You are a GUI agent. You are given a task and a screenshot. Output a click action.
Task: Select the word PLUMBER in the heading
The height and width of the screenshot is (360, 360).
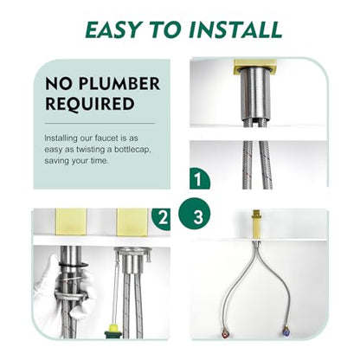click(x=119, y=84)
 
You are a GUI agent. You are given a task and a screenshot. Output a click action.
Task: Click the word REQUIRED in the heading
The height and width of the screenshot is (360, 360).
click(x=90, y=104)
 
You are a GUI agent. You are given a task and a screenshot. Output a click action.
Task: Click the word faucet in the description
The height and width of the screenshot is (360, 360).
click(x=106, y=138)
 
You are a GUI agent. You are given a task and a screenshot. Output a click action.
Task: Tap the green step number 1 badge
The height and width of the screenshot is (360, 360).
click(x=198, y=179)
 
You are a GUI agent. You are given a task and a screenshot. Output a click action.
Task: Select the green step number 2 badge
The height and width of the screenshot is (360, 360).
click(x=162, y=219)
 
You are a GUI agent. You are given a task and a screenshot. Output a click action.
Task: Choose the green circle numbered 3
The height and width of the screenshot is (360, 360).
click(x=195, y=214)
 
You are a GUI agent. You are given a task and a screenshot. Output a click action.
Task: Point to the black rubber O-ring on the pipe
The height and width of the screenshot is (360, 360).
click(x=74, y=265)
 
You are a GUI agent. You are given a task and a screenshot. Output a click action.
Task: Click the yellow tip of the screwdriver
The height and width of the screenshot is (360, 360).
click(x=112, y=328)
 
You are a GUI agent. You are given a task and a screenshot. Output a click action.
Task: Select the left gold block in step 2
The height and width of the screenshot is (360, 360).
click(x=71, y=222)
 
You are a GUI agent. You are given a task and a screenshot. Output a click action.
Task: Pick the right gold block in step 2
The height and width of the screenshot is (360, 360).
click(x=132, y=222)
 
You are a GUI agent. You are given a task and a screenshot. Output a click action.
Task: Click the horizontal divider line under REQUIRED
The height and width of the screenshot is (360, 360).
click(x=100, y=124)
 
